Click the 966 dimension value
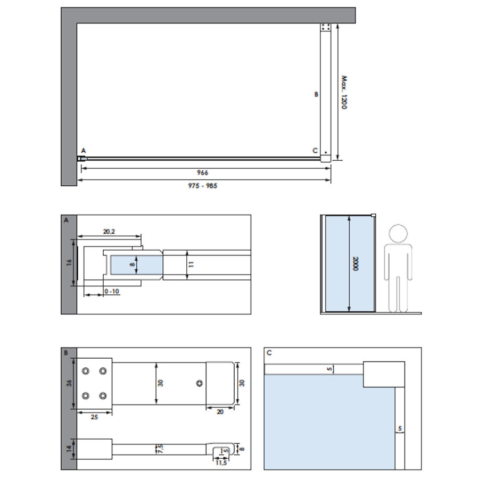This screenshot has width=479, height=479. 202,172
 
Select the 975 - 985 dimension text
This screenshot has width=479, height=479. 202,186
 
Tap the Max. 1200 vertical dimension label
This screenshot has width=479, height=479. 344,92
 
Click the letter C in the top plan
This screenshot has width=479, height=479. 315,151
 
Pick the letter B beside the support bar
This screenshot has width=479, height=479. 316,94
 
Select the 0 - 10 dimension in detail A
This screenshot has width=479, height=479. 112,292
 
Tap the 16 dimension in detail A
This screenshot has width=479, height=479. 69,263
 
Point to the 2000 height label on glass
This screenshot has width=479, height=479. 354,263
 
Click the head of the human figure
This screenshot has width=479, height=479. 398,234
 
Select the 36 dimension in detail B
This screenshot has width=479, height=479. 69,384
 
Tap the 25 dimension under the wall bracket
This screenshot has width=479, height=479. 94,417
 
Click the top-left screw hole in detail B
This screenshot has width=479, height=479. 86,371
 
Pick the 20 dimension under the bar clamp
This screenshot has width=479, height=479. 220,411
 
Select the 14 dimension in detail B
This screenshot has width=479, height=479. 69,449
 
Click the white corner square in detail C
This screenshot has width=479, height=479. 384,374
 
